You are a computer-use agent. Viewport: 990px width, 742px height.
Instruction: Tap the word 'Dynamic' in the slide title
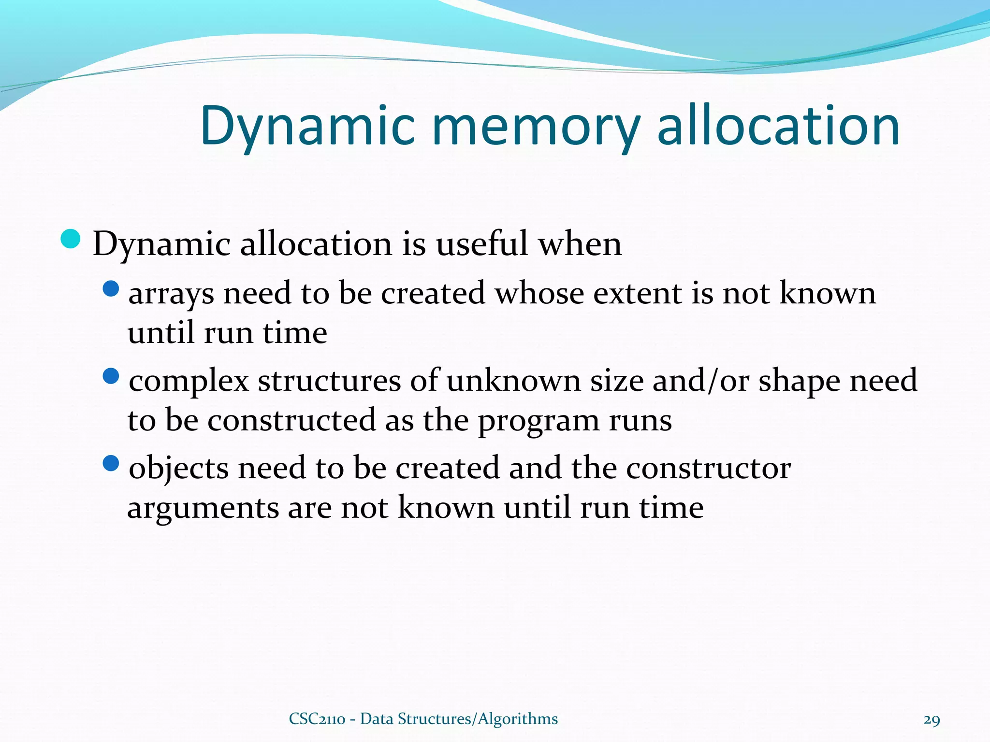(x=307, y=127)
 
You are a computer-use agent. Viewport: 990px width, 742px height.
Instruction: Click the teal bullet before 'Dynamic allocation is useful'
(x=71, y=239)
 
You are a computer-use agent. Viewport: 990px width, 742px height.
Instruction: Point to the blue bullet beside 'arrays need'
(x=111, y=289)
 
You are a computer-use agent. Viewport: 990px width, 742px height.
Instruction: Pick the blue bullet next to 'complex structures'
(x=111, y=376)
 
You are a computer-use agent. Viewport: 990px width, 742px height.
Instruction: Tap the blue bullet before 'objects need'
(x=111, y=464)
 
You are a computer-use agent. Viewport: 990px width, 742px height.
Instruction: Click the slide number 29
(x=932, y=720)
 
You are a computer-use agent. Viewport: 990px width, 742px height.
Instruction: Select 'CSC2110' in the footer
(x=317, y=719)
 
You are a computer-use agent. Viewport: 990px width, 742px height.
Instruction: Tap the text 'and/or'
(x=700, y=380)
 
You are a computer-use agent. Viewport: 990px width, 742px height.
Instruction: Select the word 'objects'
(x=179, y=469)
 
